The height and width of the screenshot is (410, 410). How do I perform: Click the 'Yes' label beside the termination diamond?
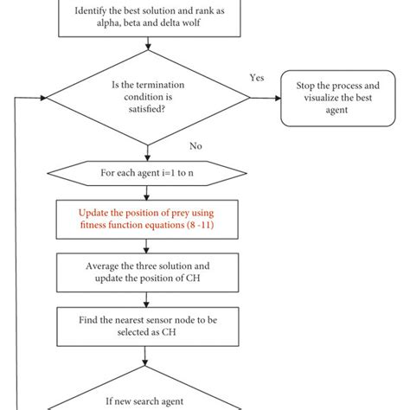257,77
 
